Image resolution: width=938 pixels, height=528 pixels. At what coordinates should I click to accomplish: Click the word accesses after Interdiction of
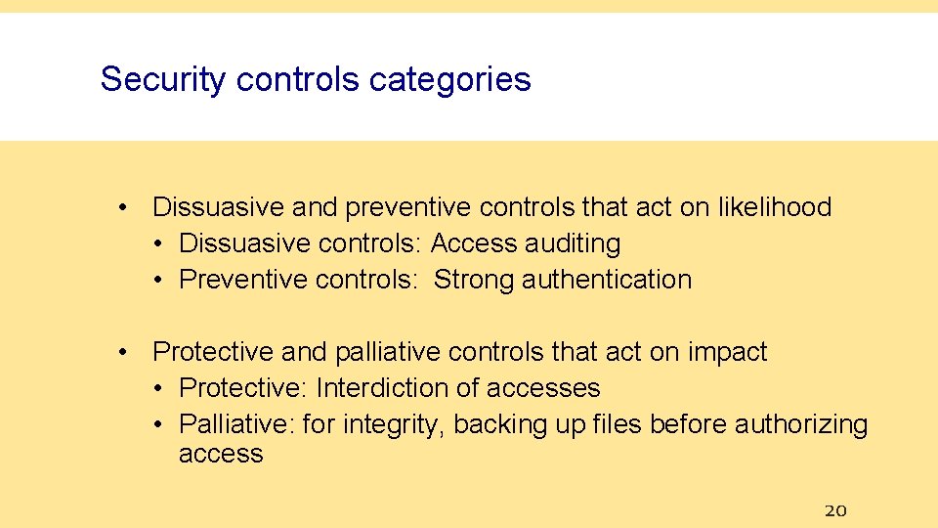click(x=543, y=388)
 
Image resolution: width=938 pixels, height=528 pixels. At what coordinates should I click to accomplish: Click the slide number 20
click(x=834, y=509)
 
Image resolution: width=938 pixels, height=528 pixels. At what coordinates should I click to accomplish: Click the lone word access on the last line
click(x=221, y=454)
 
